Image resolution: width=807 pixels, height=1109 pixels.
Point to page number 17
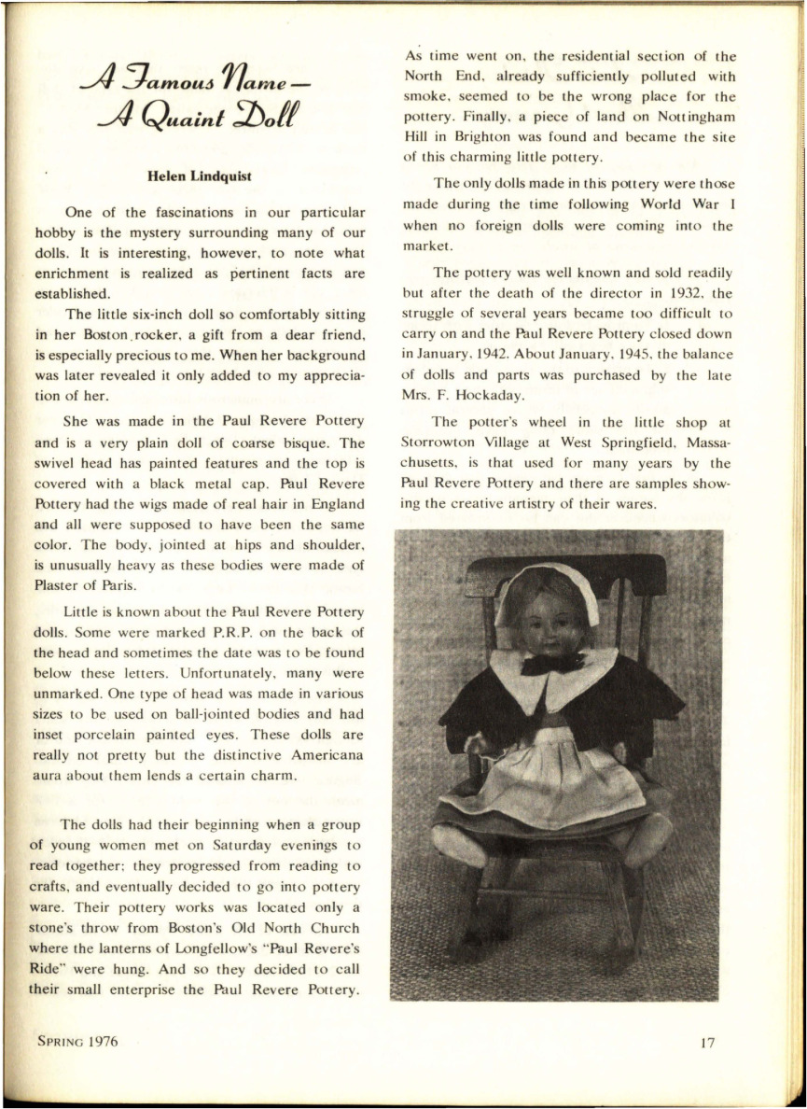706,1043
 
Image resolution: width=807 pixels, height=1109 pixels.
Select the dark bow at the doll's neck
552,664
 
